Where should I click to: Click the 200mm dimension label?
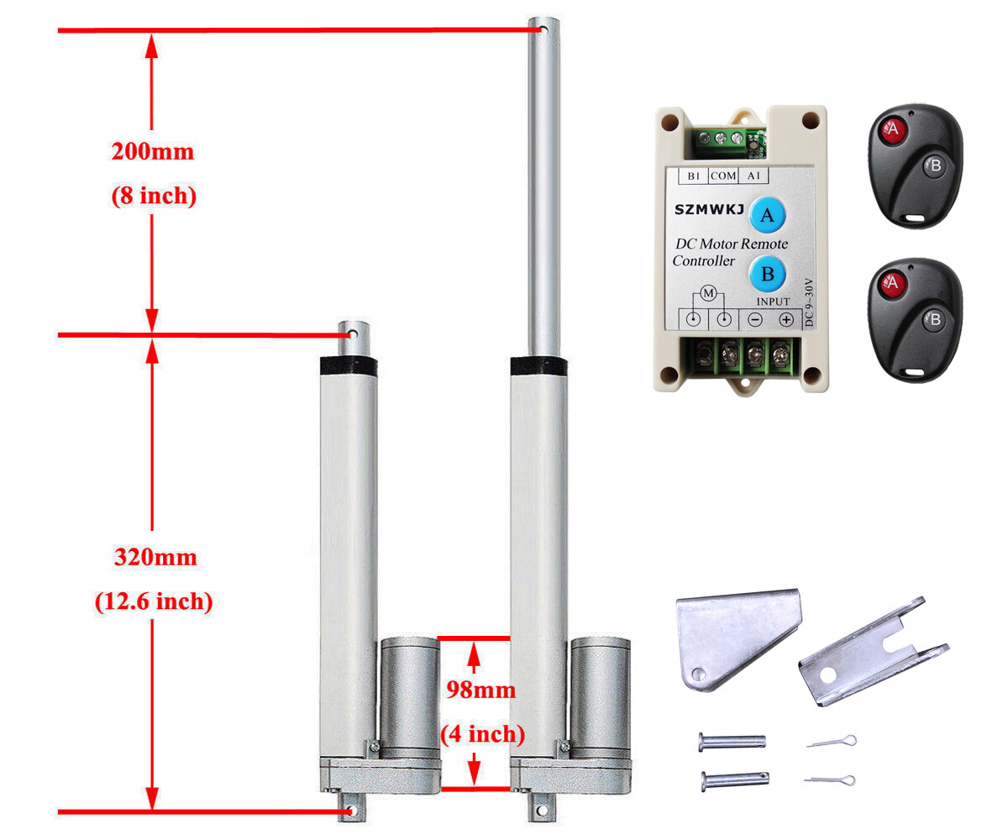tap(152, 152)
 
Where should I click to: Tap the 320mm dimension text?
tap(155, 558)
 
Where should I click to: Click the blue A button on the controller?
tap(767, 216)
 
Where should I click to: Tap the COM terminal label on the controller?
tap(722, 176)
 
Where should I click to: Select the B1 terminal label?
tap(694, 176)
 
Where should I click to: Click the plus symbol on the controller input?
tap(785, 319)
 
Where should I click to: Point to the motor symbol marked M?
tap(707, 293)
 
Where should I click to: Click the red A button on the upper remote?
tap(892, 130)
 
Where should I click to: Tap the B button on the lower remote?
tap(934, 318)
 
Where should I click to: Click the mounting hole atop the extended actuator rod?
tap(543, 33)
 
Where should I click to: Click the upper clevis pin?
tap(732, 742)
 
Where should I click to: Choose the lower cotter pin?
tap(829, 780)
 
